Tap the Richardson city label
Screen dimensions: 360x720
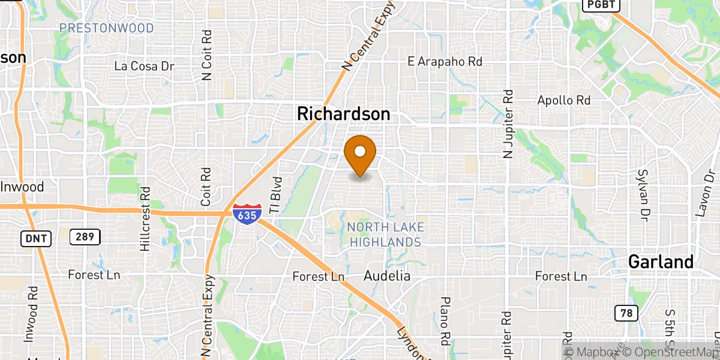343,113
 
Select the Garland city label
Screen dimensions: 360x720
661,262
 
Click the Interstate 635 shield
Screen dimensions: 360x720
247,214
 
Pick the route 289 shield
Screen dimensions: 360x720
84,237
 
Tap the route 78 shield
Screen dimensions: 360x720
626,312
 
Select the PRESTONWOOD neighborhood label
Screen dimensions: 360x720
106,28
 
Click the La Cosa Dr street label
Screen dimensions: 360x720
144,66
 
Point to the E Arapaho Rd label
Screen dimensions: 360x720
445,61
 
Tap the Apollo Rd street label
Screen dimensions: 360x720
564,100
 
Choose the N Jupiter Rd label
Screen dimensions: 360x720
509,124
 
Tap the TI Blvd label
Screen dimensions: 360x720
275,195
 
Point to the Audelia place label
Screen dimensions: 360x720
387,276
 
